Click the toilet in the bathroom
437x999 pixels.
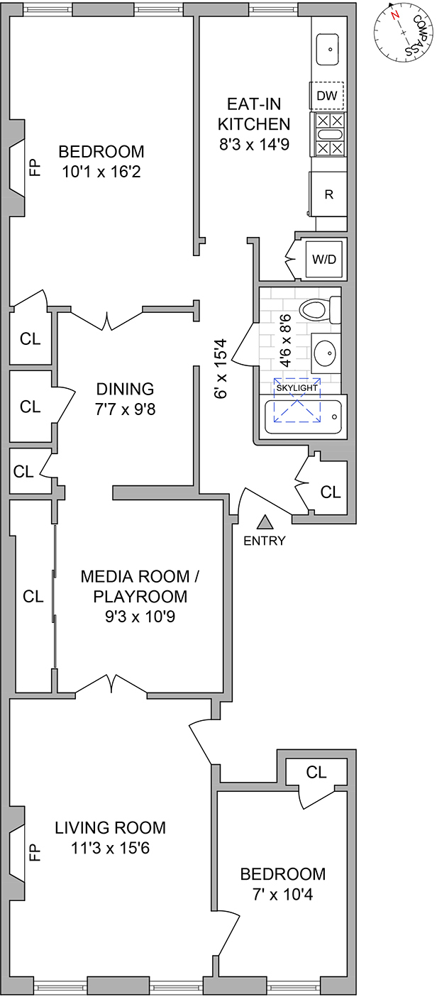[x=318, y=310]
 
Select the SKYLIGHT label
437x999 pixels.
[x=297, y=388]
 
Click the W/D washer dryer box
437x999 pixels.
[x=324, y=259]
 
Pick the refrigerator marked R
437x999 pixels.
[x=328, y=194]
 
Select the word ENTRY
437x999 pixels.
[x=264, y=541]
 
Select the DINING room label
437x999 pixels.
[x=125, y=389]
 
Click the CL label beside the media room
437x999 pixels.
[x=33, y=596]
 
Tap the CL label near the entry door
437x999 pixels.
[x=331, y=491]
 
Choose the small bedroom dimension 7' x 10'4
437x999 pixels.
[x=282, y=895]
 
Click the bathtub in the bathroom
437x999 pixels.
[x=303, y=418]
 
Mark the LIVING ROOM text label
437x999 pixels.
[x=111, y=827]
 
